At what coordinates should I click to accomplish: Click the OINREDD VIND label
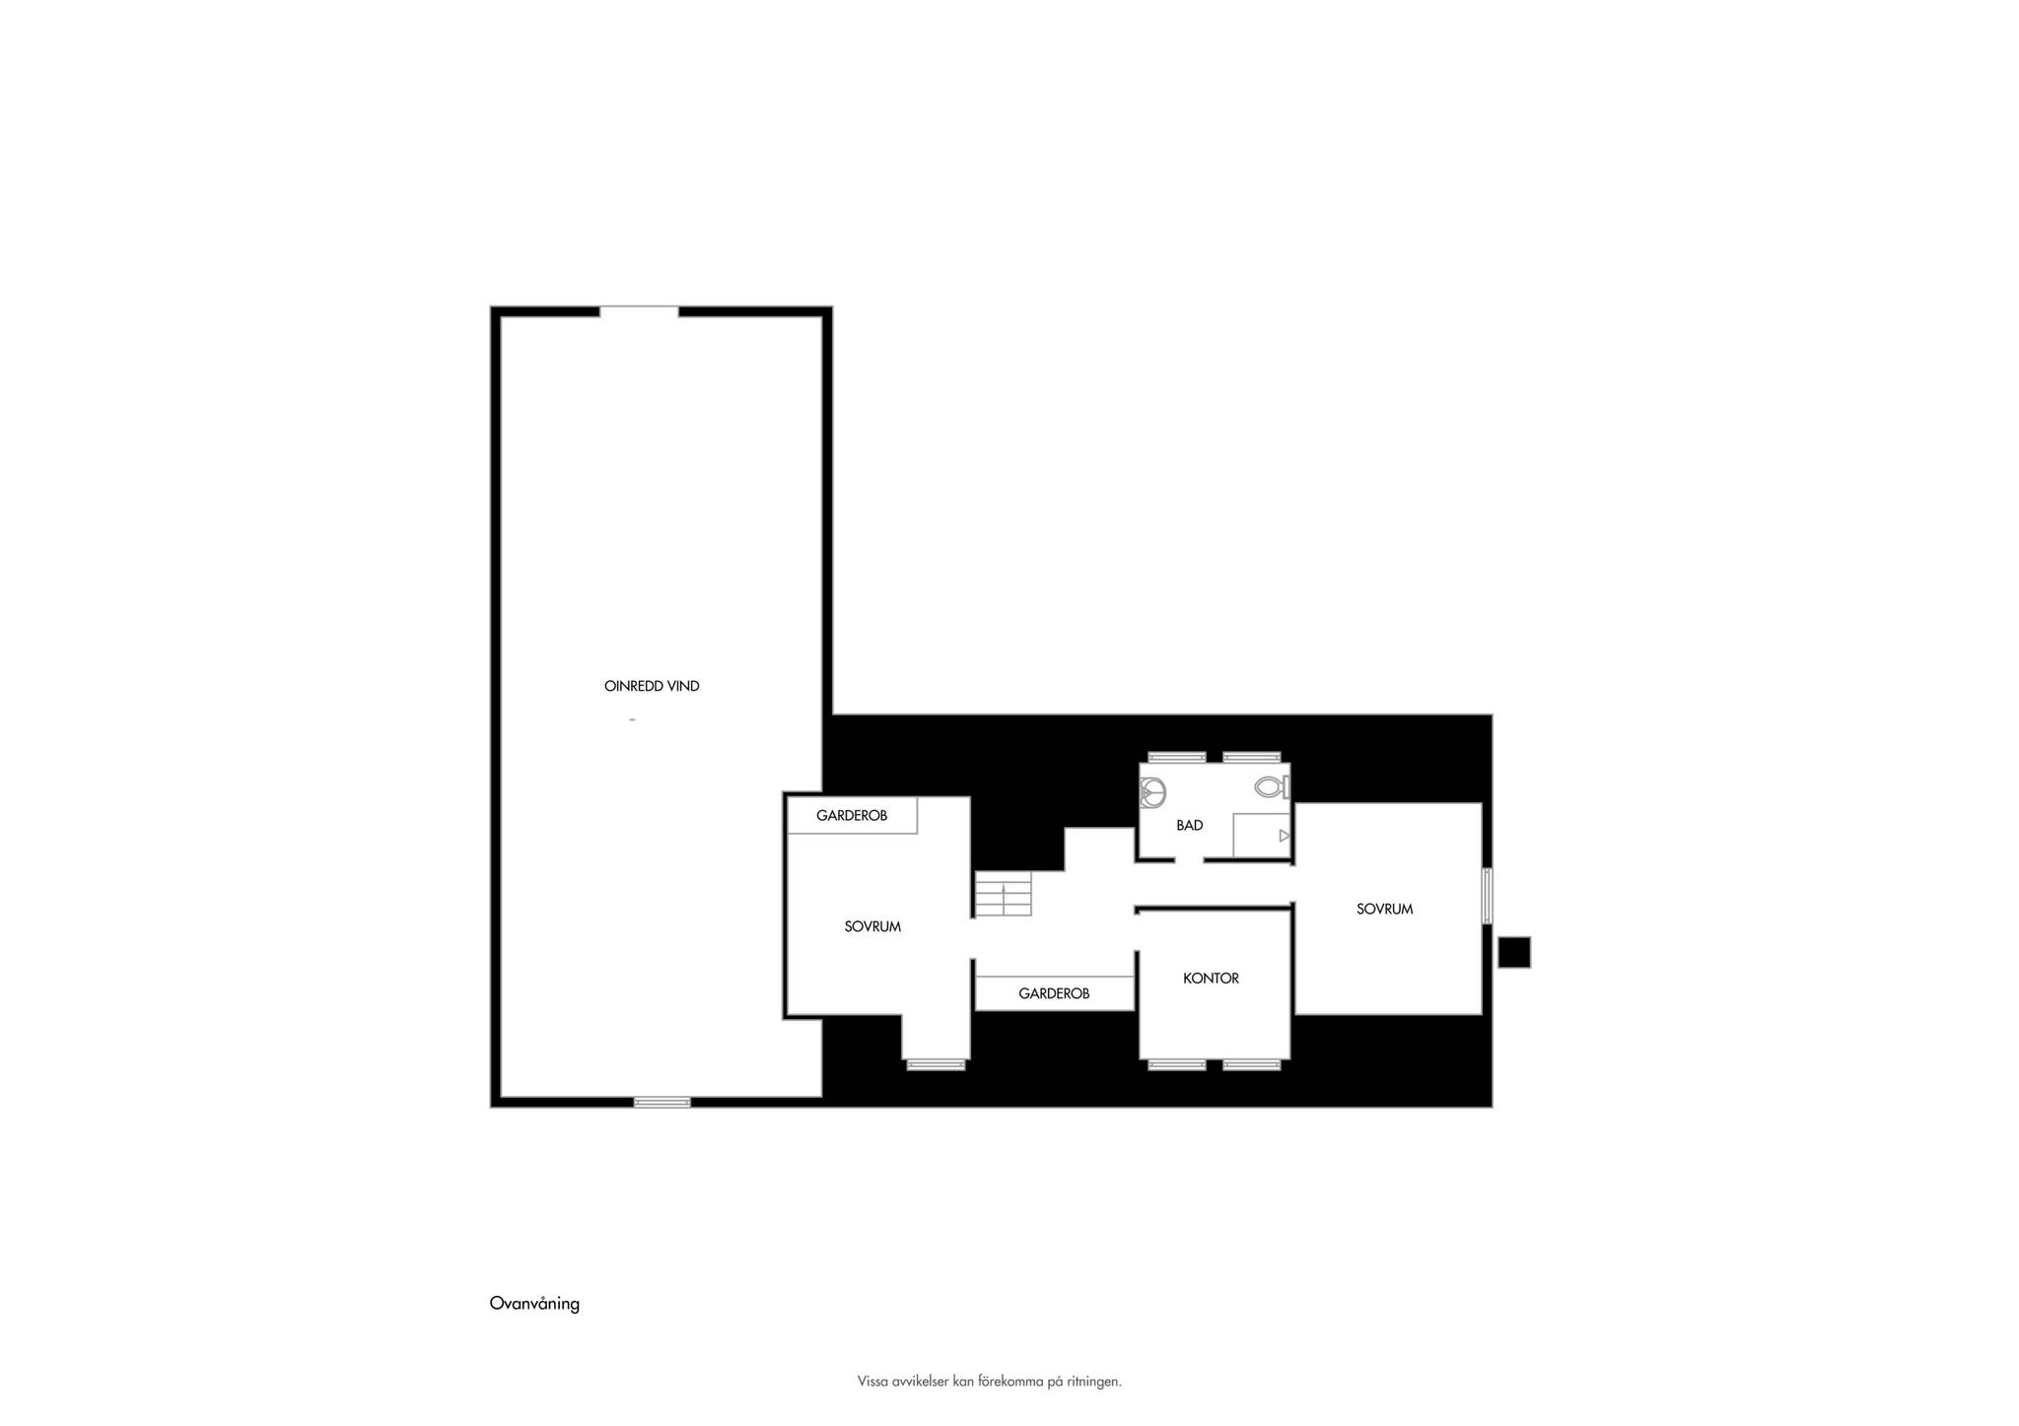[652, 686]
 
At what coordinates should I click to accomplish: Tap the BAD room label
[1189, 825]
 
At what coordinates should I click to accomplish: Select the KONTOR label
[1211, 978]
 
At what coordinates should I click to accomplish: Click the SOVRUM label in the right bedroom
[1384, 909]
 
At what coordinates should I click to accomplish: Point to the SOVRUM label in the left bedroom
[872, 926]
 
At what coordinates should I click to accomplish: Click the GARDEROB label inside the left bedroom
[852, 816]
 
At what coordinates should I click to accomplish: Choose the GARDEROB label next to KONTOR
[1054, 993]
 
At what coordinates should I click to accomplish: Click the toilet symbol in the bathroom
[1272, 786]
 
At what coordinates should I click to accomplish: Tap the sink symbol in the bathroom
[1153, 790]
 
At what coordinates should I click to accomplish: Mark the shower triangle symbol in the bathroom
[1284, 836]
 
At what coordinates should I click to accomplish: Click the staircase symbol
[1004, 894]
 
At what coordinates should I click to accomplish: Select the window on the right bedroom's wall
[1488, 895]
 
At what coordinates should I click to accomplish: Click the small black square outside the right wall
[1514, 952]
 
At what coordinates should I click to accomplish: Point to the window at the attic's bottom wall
[662, 1102]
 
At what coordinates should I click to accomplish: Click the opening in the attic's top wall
[639, 311]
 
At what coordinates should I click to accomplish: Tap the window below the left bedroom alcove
[936, 1064]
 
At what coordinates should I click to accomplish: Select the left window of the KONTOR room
[1177, 1064]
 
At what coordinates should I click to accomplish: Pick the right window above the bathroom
[1252, 757]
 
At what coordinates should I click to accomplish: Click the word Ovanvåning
[534, 1304]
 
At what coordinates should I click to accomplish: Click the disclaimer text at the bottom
[990, 1382]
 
